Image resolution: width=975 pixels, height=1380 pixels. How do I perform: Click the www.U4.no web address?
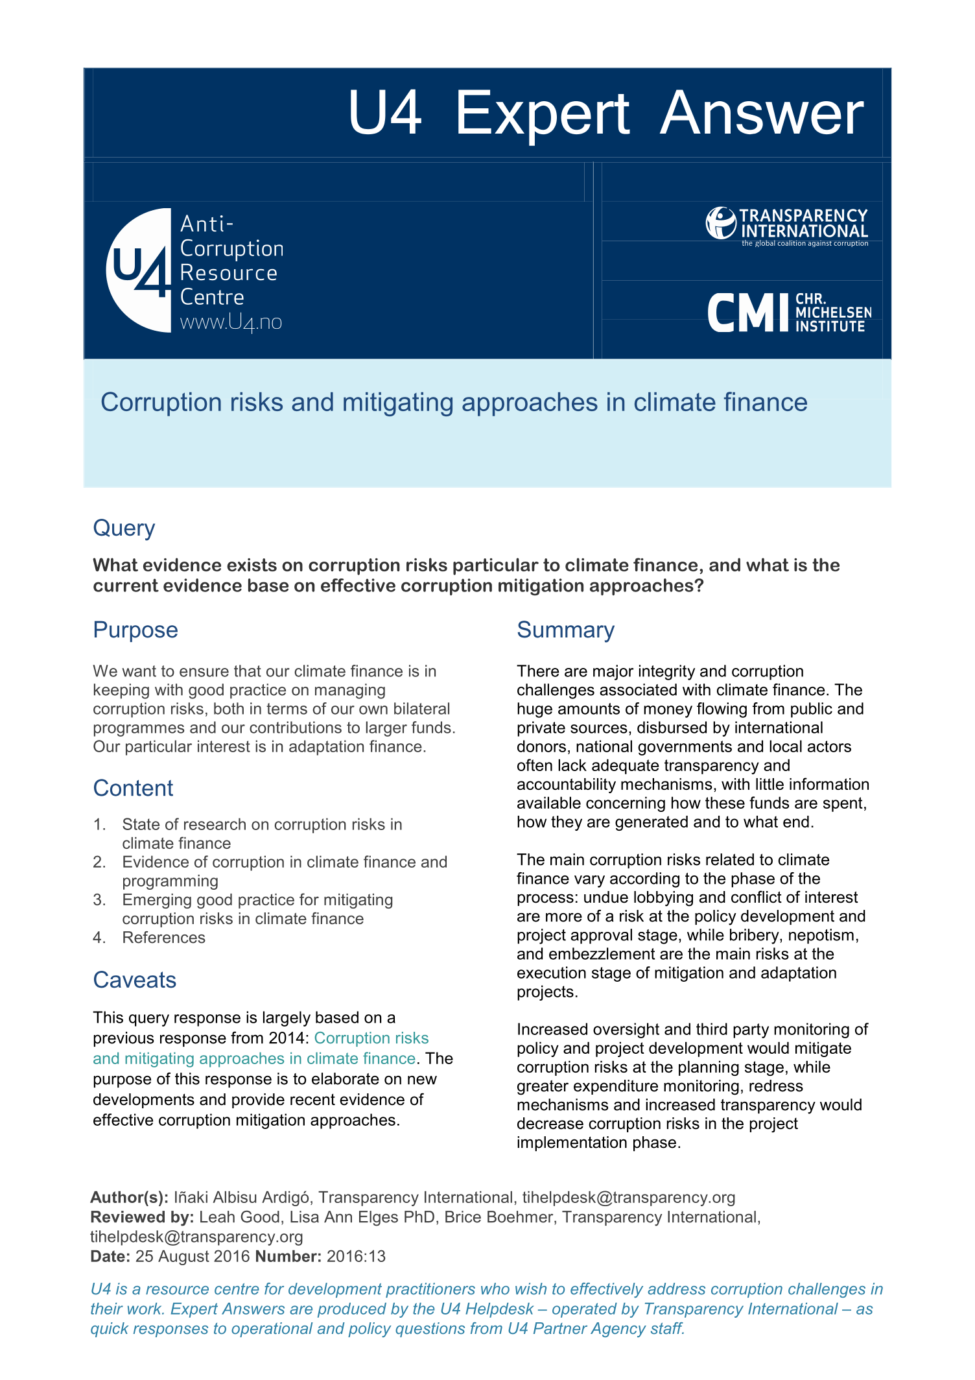coord(231,322)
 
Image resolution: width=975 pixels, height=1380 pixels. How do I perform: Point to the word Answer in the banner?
coord(762,113)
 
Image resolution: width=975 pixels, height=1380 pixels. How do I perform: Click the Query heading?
coord(124,528)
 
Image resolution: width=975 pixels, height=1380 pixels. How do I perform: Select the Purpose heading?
coord(135,630)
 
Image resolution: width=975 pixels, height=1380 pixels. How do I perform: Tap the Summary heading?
coord(565,630)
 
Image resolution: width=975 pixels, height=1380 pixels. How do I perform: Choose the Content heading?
coord(133,788)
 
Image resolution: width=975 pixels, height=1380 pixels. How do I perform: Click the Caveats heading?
coord(134,980)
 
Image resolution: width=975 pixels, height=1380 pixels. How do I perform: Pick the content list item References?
coord(163,938)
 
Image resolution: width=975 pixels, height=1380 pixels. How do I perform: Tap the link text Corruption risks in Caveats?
coord(371,1038)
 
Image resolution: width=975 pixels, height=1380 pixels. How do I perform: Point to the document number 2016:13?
coord(356,1257)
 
